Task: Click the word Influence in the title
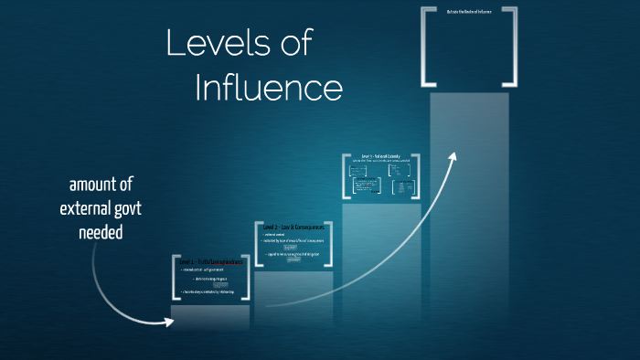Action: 269,89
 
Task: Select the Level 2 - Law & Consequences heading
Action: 293,226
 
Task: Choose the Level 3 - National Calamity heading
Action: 380,157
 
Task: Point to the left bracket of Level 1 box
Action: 174,279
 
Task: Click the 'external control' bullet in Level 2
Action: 277,235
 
